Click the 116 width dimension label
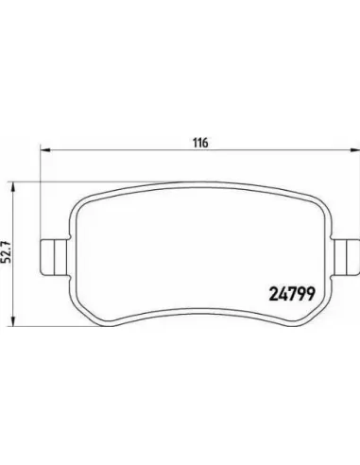tap(200, 143)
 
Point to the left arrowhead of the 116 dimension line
tap(45, 150)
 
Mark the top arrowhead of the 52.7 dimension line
tap(12, 187)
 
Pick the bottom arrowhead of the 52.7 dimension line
tap(12, 320)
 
